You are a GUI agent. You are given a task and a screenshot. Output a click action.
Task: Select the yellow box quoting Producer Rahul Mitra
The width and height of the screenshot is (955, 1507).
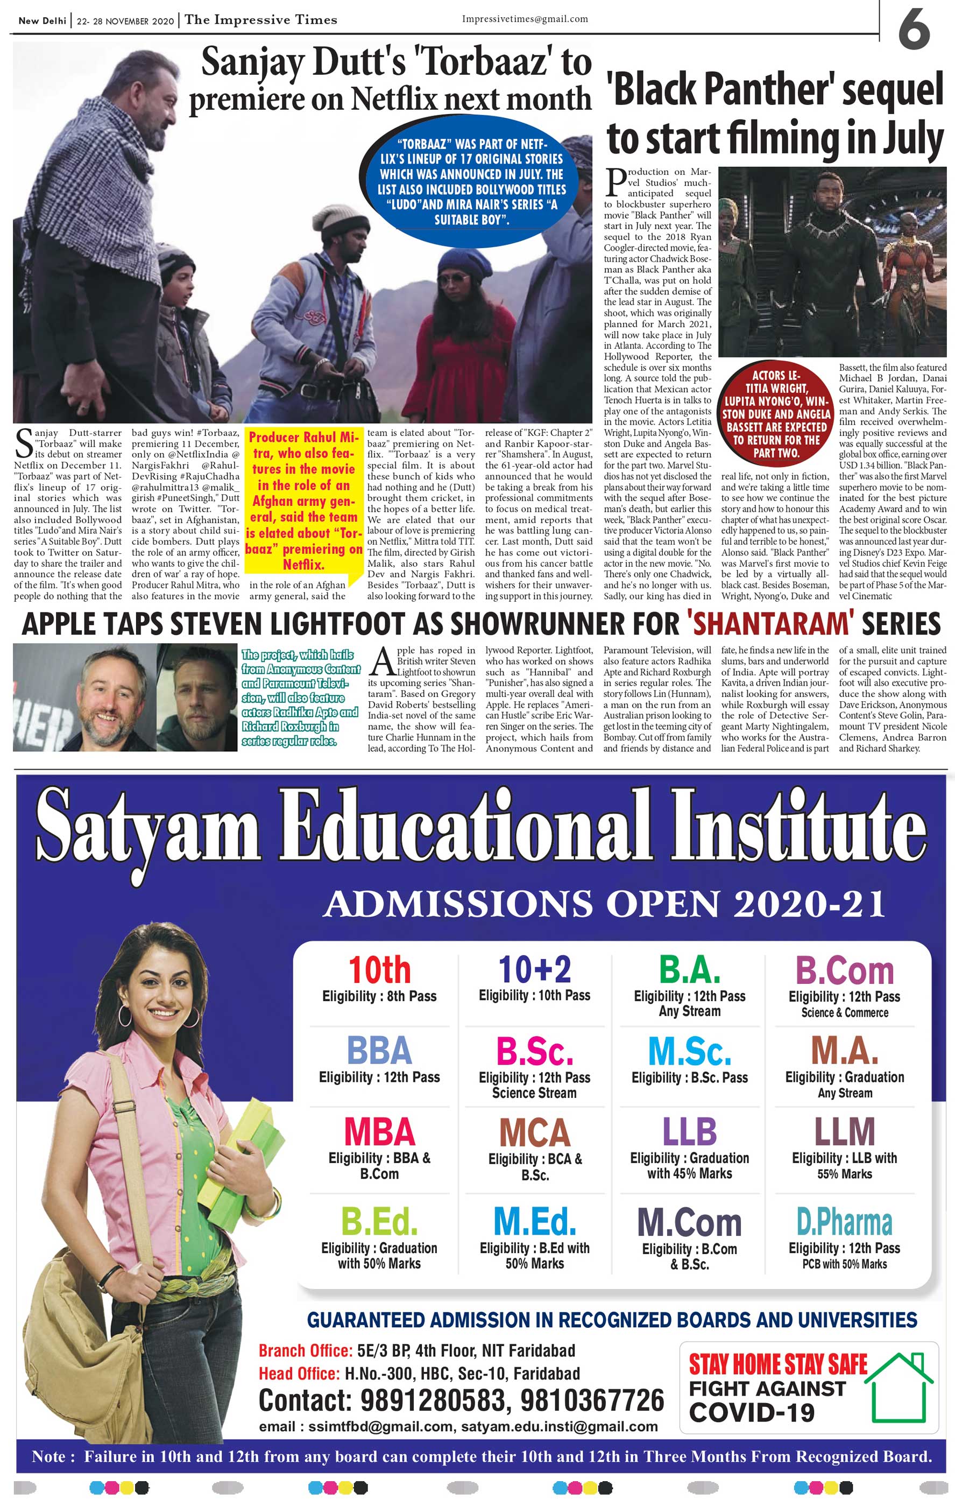[x=303, y=501]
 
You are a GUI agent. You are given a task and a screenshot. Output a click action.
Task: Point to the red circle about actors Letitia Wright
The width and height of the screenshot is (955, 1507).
[x=776, y=413]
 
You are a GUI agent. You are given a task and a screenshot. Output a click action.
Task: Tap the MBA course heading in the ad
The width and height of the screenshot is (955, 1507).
[x=379, y=1132]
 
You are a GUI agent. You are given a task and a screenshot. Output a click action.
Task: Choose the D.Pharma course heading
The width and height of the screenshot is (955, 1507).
[x=844, y=1222]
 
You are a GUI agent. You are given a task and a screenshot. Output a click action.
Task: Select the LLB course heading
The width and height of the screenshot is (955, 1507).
[x=689, y=1131]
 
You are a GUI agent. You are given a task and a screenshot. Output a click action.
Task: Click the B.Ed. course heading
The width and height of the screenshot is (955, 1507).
[x=379, y=1222]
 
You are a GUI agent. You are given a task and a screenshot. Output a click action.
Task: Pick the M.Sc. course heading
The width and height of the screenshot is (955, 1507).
[x=689, y=1051]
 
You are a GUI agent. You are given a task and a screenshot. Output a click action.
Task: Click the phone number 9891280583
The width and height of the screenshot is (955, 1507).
[x=432, y=1400]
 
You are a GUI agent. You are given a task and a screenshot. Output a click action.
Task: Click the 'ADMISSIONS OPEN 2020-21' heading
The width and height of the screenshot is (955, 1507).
[x=604, y=904]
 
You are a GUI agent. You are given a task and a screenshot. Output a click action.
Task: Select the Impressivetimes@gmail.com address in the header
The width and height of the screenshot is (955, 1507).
[x=525, y=19]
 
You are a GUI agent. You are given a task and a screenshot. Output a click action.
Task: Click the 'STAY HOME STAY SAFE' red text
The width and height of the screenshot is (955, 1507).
[x=777, y=1364]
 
